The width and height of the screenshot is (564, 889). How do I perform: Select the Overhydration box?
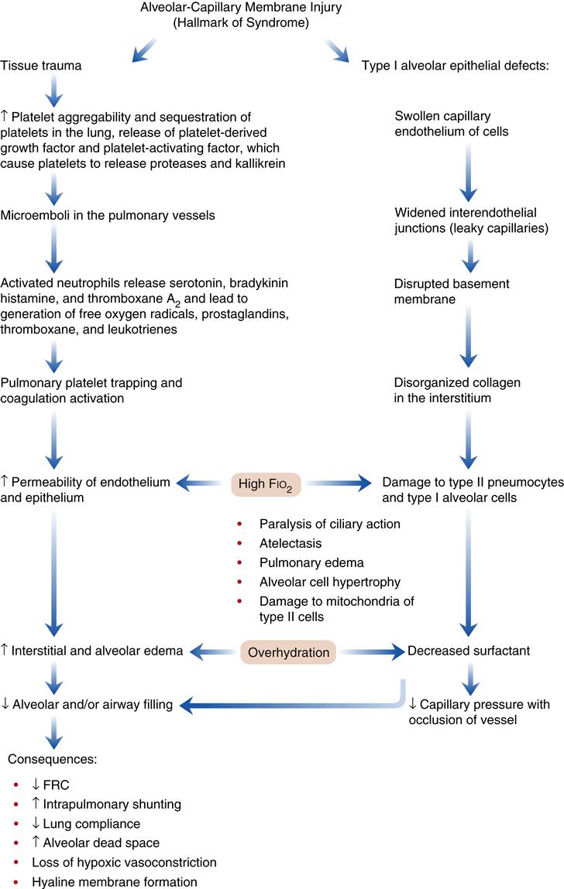click(289, 652)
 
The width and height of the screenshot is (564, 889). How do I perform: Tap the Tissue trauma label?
click(42, 66)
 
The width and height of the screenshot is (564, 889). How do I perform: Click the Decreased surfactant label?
click(469, 651)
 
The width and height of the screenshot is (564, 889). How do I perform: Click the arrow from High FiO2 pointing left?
click(203, 484)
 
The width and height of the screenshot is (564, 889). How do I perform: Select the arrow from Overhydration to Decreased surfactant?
click(373, 652)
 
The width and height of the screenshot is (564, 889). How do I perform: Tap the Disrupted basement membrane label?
click(444, 290)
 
